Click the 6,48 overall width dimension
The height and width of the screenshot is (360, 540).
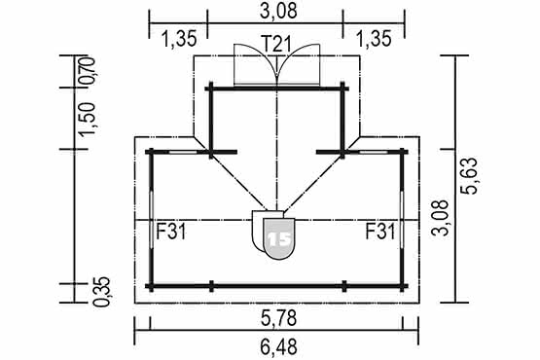click(x=278, y=347)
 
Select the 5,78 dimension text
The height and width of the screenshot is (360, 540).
click(x=278, y=318)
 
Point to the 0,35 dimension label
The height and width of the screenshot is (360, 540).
click(x=102, y=292)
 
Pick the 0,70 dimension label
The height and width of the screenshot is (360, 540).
click(x=87, y=71)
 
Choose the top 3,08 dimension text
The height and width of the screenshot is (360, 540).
click(x=278, y=11)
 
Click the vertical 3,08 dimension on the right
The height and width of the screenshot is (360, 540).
click(x=441, y=218)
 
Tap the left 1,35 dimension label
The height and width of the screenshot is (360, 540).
click(x=179, y=39)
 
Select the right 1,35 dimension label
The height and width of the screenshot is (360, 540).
click(x=374, y=39)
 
